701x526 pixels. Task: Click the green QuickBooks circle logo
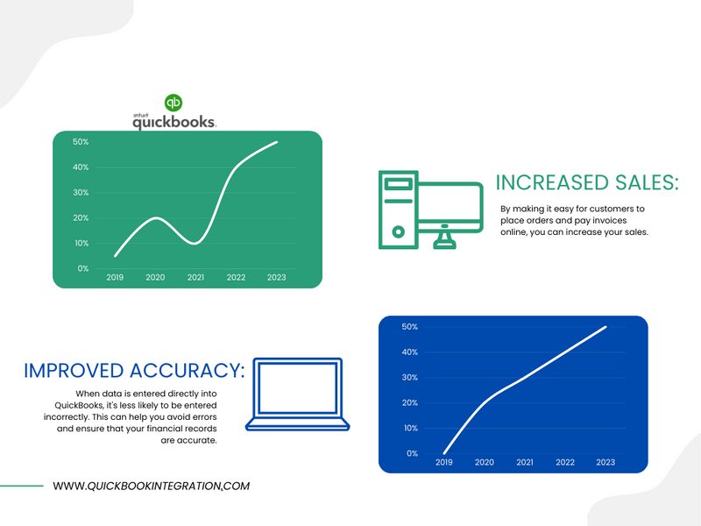[x=173, y=103]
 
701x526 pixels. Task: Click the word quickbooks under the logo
[x=174, y=122]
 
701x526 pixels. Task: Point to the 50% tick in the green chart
[x=81, y=142]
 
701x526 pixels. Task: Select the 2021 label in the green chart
[x=195, y=277]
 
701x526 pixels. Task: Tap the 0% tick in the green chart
[x=83, y=268]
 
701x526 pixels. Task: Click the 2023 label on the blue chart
[x=605, y=463]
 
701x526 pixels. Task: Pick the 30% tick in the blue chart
[x=409, y=378]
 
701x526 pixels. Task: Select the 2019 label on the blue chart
[x=444, y=463]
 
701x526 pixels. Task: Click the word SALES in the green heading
[x=647, y=182]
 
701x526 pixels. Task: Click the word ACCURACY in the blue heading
[x=187, y=371]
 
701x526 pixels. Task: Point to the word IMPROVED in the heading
[x=74, y=371]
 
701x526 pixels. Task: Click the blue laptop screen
[x=298, y=387]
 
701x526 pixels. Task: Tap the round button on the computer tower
[x=399, y=231]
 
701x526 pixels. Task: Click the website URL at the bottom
[x=151, y=487]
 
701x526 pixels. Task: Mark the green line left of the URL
[x=21, y=486]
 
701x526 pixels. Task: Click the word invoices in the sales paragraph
[x=609, y=221]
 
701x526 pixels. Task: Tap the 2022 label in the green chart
[x=236, y=277]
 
